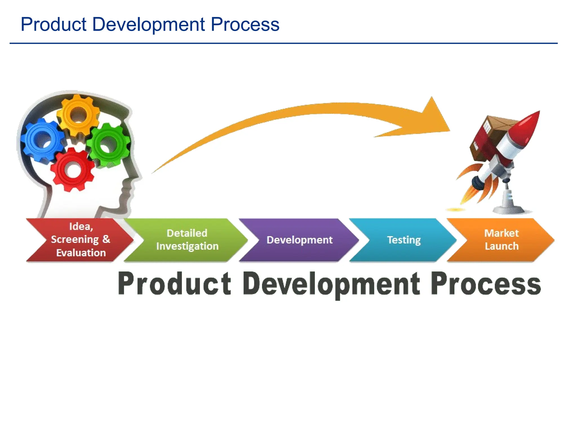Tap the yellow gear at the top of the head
(x=78, y=115)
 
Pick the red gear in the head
(x=73, y=170)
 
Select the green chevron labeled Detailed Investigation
(x=187, y=240)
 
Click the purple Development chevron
(x=299, y=240)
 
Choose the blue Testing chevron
(x=403, y=240)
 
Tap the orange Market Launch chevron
(x=501, y=240)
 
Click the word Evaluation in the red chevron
(x=81, y=253)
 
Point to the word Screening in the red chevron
(x=75, y=239)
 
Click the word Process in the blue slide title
(x=245, y=25)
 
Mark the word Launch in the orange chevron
(x=501, y=246)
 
